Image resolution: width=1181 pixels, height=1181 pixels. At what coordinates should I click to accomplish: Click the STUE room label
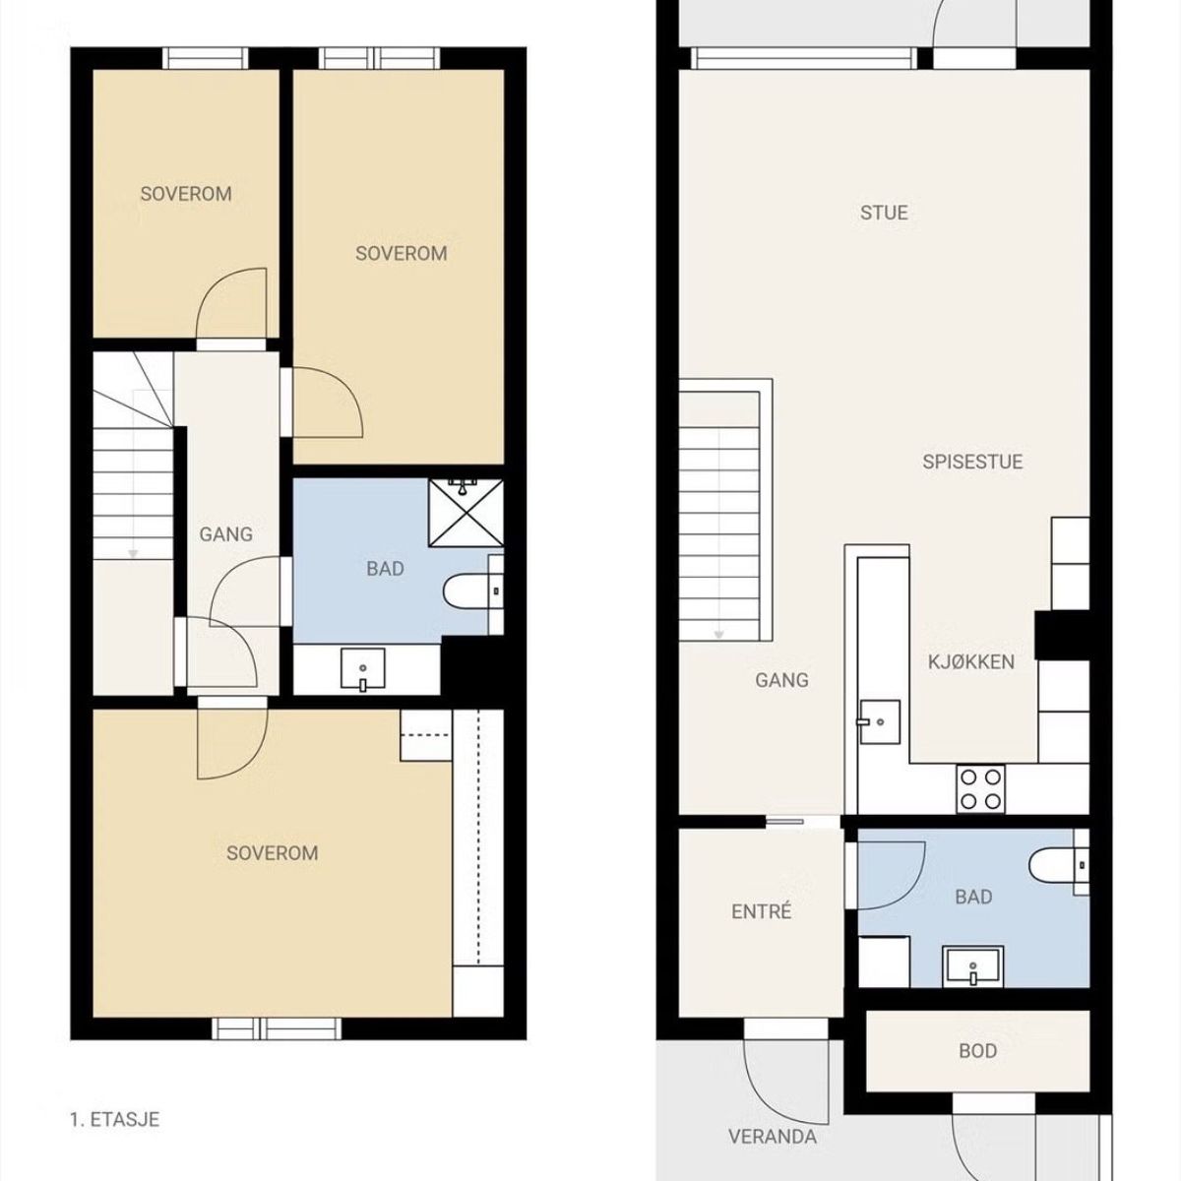coord(883,213)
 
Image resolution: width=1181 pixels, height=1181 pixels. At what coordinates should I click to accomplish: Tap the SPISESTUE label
coord(972,462)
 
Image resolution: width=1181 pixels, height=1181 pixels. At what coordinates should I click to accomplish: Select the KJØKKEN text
coord(971,662)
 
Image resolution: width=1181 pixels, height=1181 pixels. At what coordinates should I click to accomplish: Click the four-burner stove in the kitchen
coord(980,788)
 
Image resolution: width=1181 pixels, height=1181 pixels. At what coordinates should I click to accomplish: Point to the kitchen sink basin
coord(879,722)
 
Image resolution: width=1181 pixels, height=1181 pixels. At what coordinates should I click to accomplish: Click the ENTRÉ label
coord(761,911)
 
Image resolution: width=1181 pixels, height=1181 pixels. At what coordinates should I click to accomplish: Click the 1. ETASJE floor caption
coord(114,1120)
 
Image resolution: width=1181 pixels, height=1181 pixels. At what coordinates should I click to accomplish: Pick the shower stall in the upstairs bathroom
coord(466,513)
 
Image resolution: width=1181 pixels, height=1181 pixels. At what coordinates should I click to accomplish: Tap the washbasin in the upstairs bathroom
coord(363,670)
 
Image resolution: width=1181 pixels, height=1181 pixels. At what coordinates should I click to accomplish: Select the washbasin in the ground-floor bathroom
coord(973,966)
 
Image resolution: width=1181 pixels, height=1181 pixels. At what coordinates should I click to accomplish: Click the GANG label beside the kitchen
coord(781,680)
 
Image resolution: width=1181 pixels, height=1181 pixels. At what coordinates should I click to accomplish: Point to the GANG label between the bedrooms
coord(225,534)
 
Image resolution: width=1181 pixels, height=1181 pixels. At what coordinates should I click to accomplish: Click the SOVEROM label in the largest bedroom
coord(272,853)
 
